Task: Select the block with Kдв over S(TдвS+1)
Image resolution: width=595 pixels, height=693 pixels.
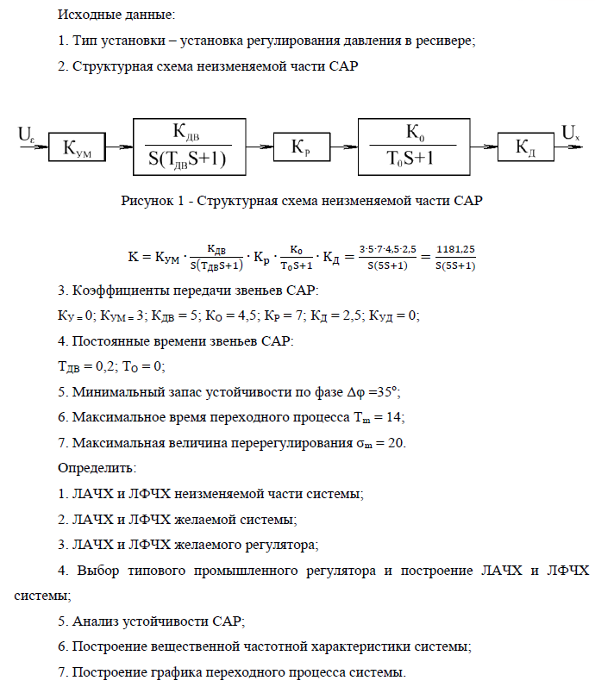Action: (x=189, y=147)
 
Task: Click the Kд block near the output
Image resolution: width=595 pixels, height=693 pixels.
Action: (x=526, y=148)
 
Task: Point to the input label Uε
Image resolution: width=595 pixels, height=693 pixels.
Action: (x=26, y=134)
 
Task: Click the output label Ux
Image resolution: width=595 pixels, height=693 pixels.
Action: (x=571, y=134)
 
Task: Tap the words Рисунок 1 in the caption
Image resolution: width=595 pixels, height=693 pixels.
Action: (x=153, y=202)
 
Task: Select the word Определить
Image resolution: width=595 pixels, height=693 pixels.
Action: (x=96, y=468)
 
